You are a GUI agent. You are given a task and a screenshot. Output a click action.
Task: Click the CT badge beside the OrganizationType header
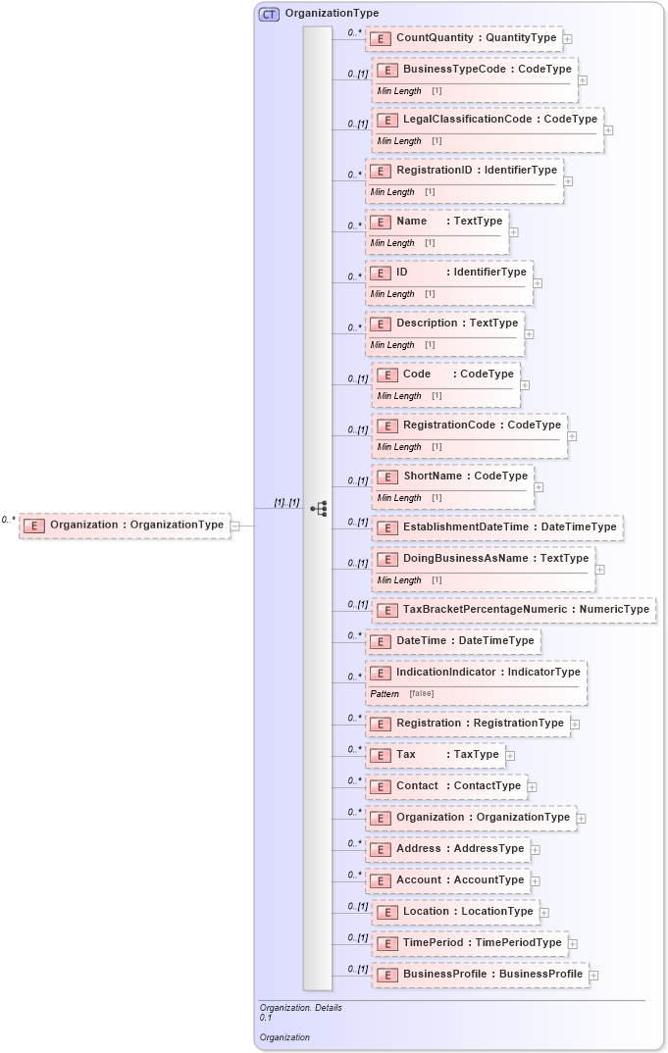268,14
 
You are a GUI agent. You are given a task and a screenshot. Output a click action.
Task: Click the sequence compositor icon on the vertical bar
318,509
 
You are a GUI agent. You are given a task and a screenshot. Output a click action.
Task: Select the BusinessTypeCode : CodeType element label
487,70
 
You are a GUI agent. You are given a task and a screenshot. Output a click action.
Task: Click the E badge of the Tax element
382,755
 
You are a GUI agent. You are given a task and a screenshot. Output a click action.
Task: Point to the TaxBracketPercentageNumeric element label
526,609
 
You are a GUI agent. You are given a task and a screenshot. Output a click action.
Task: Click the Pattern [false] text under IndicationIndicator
401,693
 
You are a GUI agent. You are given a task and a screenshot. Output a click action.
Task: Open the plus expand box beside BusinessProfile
593,976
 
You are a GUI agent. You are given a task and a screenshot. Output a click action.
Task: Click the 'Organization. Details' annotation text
300,1007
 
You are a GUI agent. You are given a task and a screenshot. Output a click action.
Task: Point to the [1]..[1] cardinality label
286,502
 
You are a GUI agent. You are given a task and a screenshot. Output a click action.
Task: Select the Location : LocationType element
467,912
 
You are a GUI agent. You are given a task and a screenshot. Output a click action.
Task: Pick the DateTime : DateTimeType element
464,640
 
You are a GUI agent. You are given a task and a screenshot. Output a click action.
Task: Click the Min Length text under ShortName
399,497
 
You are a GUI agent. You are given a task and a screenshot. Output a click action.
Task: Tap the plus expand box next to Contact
533,786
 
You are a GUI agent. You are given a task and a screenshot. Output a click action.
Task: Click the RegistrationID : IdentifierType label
476,170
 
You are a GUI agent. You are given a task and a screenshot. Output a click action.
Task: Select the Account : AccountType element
459,880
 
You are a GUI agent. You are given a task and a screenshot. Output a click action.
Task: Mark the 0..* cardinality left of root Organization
9,520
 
